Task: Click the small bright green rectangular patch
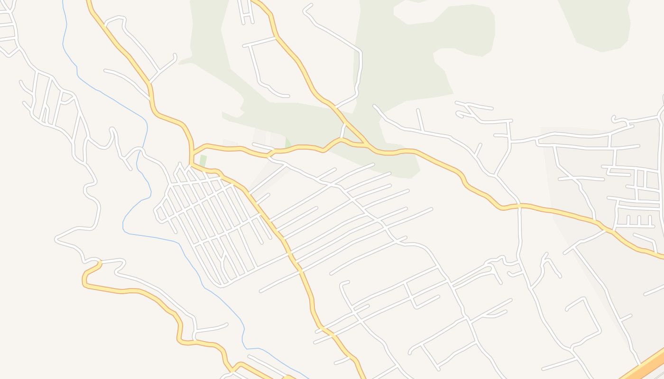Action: pyautogui.click(x=203, y=161)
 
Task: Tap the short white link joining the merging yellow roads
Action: pyautogui.click(x=342, y=130)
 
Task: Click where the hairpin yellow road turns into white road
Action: pyautogui.click(x=101, y=262)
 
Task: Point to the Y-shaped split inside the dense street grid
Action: pyautogui.click(x=223, y=258)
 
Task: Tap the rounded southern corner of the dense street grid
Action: pyautogui.click(x=221, y=284)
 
